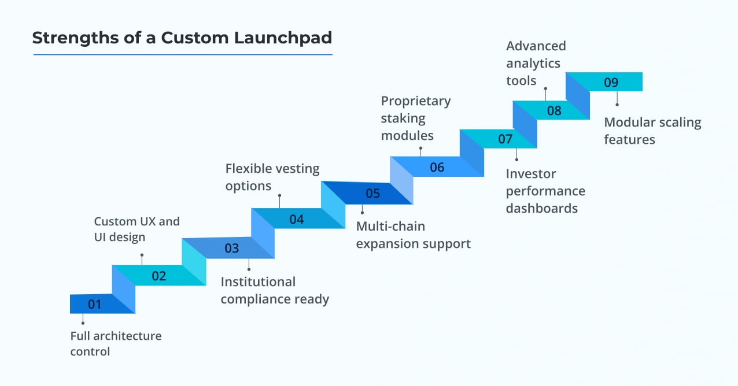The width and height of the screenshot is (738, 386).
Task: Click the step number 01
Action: coord(95,304)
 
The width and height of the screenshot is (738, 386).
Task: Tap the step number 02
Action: coord(159,276)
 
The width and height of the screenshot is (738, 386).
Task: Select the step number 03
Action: coord(231,248)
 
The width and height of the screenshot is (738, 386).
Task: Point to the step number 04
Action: coord(297,220)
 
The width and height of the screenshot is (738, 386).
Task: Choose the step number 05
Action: coord(373,193)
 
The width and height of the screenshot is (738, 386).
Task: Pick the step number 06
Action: coord(437,168)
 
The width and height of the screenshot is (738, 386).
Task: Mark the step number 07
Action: coord(505,139)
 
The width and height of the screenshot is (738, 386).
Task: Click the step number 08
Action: coord(554,110)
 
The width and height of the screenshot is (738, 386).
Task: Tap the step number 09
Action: coord(611,83)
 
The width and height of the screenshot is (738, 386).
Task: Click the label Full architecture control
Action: coord(116,343)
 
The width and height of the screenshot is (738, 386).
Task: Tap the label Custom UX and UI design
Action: coord(136,229)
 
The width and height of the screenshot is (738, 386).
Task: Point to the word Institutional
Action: coord(258,282)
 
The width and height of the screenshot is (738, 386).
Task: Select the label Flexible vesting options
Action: coord(272,177)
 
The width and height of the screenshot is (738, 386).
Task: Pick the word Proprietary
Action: coord(415,101)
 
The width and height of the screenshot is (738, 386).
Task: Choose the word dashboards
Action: coord(541,209)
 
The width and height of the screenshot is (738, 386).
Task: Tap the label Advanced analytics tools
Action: coord(536,63)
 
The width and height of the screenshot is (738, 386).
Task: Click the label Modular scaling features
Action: coord(652,131)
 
